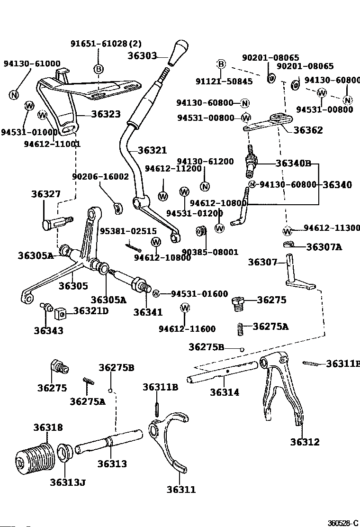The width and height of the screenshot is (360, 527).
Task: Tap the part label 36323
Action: (x=106, y=114)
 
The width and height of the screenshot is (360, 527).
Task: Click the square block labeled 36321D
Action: (x=60, y=313)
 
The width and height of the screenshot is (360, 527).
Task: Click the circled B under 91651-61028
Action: (x=99, y=69)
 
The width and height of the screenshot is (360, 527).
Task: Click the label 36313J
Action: (x=68, y=482)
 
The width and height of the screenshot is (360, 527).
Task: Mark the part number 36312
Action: (x=305, y=442)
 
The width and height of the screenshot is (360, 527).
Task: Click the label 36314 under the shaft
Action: (x=225, y=392)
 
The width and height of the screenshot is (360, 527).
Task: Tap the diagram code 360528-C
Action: (x=343, y=523)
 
